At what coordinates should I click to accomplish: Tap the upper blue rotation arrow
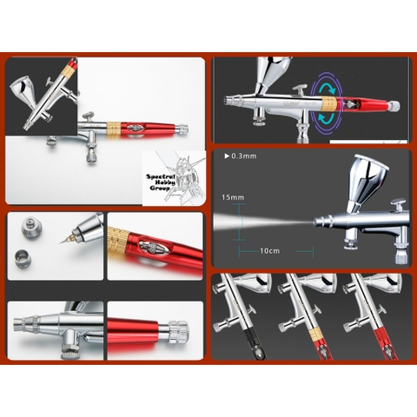point(329,84)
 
